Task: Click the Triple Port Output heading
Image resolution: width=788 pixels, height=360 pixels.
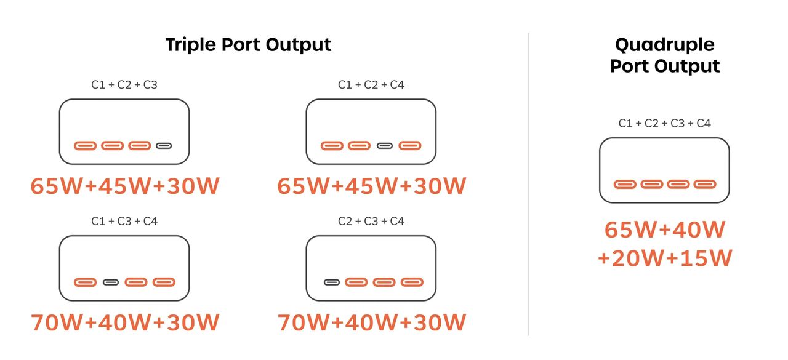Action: [x=248, y=46]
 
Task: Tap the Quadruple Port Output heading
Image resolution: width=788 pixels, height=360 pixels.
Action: [x=665, y=55]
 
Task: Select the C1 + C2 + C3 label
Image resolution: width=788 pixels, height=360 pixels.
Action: [x=124, y=85]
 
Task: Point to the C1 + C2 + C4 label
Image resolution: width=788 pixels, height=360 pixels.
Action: [x=371, y=85]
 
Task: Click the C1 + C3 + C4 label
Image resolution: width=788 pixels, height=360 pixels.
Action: [x=124, y=221]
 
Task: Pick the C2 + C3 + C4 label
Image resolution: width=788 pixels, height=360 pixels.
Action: [x=371, y=221]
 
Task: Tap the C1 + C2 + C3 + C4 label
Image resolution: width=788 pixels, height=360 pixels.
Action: [x=664, y=124]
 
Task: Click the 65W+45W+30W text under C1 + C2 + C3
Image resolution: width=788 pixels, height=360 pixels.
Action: [x=125, y=186]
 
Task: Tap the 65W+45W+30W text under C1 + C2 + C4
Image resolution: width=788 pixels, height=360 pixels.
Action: [x=372, y=186]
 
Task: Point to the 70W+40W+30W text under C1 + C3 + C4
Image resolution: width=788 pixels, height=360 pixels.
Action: [x=125, y=322]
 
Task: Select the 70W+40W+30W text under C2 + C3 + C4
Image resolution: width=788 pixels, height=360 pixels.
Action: [x=372, y=322]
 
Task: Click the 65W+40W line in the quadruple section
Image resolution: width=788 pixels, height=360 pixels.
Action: [x=665, y=230]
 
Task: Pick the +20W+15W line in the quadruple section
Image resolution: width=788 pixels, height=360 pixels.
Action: [x=665, y=258]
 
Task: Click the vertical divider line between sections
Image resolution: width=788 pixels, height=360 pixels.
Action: [x=529, y=184]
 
